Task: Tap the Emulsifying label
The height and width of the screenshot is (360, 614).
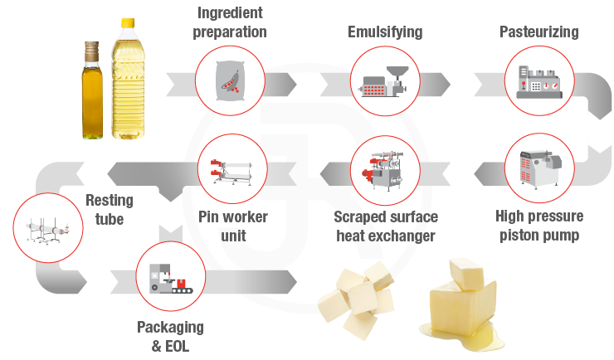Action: tap(383, 32)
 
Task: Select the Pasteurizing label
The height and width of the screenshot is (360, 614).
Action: tap(538, 32)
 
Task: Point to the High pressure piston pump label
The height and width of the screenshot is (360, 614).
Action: tap(538, 226)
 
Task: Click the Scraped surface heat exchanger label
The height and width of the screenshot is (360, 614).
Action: tap(385, 226)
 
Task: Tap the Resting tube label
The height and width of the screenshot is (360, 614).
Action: tap(109, 210)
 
